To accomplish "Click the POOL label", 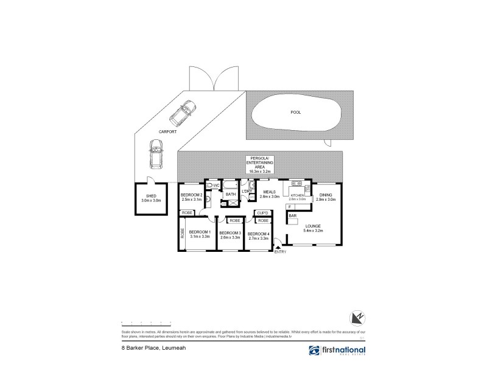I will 296,113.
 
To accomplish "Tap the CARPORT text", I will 168,131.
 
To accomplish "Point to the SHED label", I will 149,196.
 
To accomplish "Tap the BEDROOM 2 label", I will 192,195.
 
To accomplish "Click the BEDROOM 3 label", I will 230,233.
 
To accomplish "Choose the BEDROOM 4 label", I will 259,233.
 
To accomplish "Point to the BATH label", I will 231,195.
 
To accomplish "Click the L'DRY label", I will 247,192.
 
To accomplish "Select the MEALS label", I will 269,192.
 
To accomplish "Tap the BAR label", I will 293,216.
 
